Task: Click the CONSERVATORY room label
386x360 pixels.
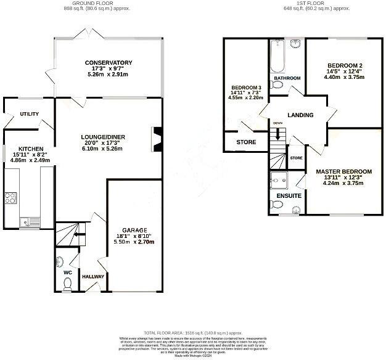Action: pyautogui.click(x=109, y=63)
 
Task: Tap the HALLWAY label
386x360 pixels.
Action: pyautogui.click(x=94, y=277)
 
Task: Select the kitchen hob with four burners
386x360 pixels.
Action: pyautogui.click(x=11, y=198)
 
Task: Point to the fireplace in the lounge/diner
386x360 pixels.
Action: pyautogui.click(x=158, y=139)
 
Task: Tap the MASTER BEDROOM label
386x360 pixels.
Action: pyautogui.click(x=343, y=171)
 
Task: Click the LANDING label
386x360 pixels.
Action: pyautogui.click(x=300, y=115)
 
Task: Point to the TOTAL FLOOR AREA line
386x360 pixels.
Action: pyautogui.click(x=193, y=332)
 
